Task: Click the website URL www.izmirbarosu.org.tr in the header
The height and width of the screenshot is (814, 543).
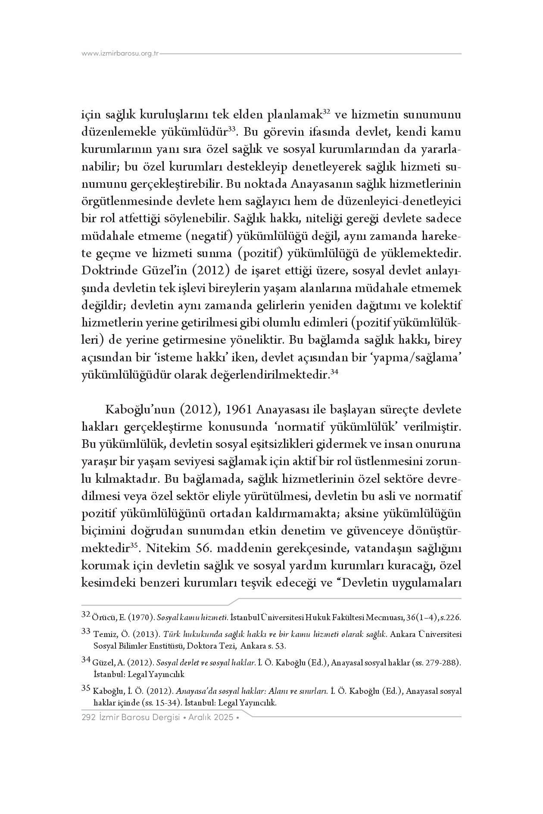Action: [121, 54]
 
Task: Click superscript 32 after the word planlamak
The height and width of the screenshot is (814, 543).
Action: [326, 112]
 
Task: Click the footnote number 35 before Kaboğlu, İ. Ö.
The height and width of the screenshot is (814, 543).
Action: [85, 689]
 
